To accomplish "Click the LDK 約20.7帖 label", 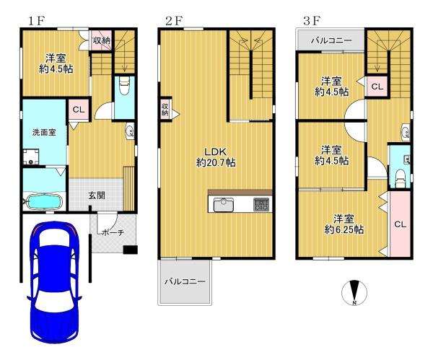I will [x=216, y=157].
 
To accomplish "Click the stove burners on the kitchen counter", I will [x=261, y=205].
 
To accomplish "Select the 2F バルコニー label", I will [x=184, y=280].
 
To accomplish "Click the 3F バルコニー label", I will [x=331, y=40].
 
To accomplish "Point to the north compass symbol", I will [x=354, y=292].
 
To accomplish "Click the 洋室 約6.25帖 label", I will [x=343, y=224].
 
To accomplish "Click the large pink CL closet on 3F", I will [x=399, y=224].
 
